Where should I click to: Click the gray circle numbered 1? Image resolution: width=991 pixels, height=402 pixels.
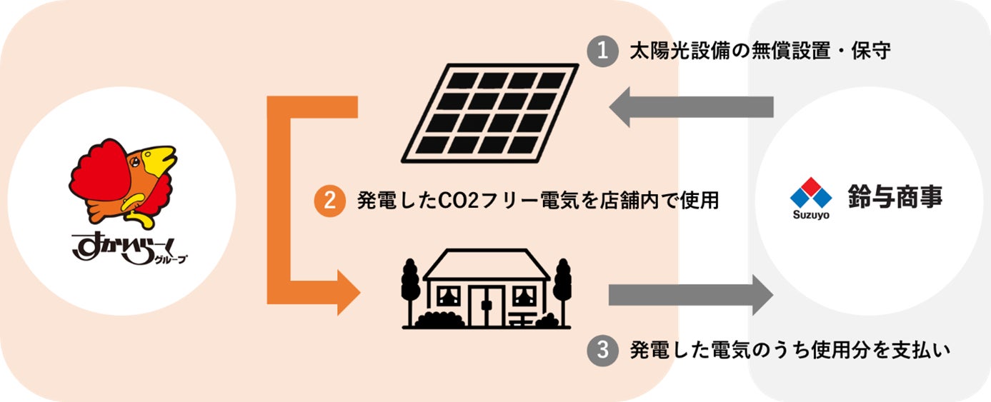602,52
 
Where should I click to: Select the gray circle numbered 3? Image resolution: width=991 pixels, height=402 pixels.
602,350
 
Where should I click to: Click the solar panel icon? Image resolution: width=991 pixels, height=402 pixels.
490,111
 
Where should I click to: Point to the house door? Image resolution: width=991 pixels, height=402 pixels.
487,304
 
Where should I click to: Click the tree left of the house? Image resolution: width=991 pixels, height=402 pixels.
410,289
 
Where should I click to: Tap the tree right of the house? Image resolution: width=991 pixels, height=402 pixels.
563,289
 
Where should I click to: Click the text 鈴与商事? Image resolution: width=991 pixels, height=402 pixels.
894,196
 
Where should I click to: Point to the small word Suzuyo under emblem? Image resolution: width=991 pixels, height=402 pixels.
810,215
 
